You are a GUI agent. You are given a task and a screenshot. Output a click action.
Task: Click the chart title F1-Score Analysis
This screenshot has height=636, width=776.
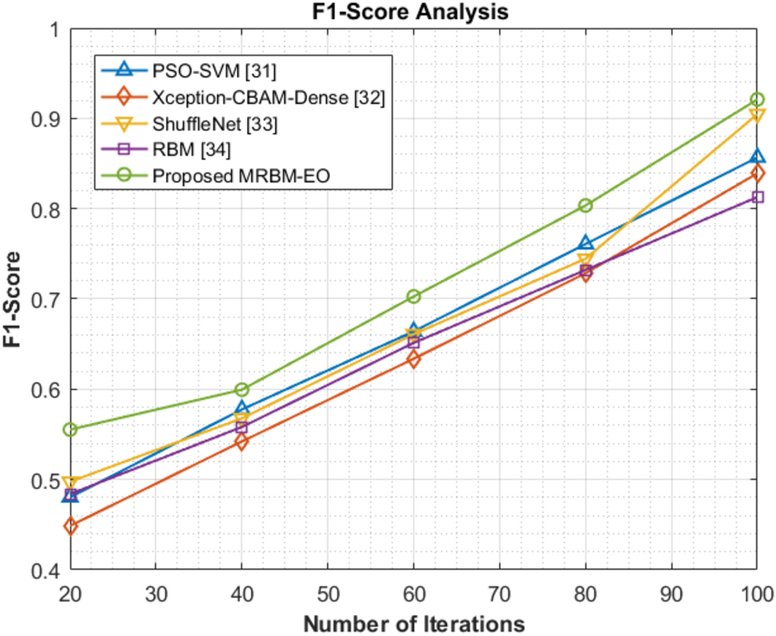[413, 12]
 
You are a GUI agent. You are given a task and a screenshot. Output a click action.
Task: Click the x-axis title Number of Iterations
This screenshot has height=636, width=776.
[413, 624]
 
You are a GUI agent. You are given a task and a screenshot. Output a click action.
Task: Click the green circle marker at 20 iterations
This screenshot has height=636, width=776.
[70, 430]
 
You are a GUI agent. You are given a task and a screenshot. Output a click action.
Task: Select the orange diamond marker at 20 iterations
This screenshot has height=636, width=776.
[70, 526]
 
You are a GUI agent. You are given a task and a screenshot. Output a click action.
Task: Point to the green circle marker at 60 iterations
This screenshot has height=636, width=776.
[414, 296]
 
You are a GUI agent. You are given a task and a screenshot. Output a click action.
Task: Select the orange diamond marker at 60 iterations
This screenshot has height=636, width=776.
[414, 359]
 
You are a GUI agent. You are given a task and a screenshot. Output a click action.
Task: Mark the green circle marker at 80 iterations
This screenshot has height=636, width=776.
[585, 205]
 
